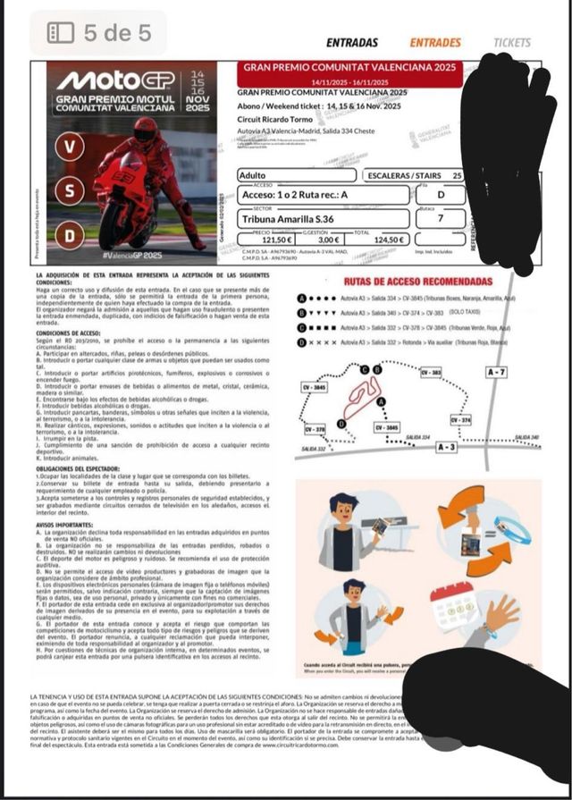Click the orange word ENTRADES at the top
[x=435, y=42]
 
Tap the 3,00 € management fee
[x=330, y=240]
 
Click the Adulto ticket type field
[x=295, y=175]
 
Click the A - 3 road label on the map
[x=448, y=445]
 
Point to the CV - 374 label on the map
[x=461, y=419]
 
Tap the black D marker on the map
[x=341, y=423]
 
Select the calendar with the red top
[x=456, y=606]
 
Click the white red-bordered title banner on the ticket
[x=349, y=74]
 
